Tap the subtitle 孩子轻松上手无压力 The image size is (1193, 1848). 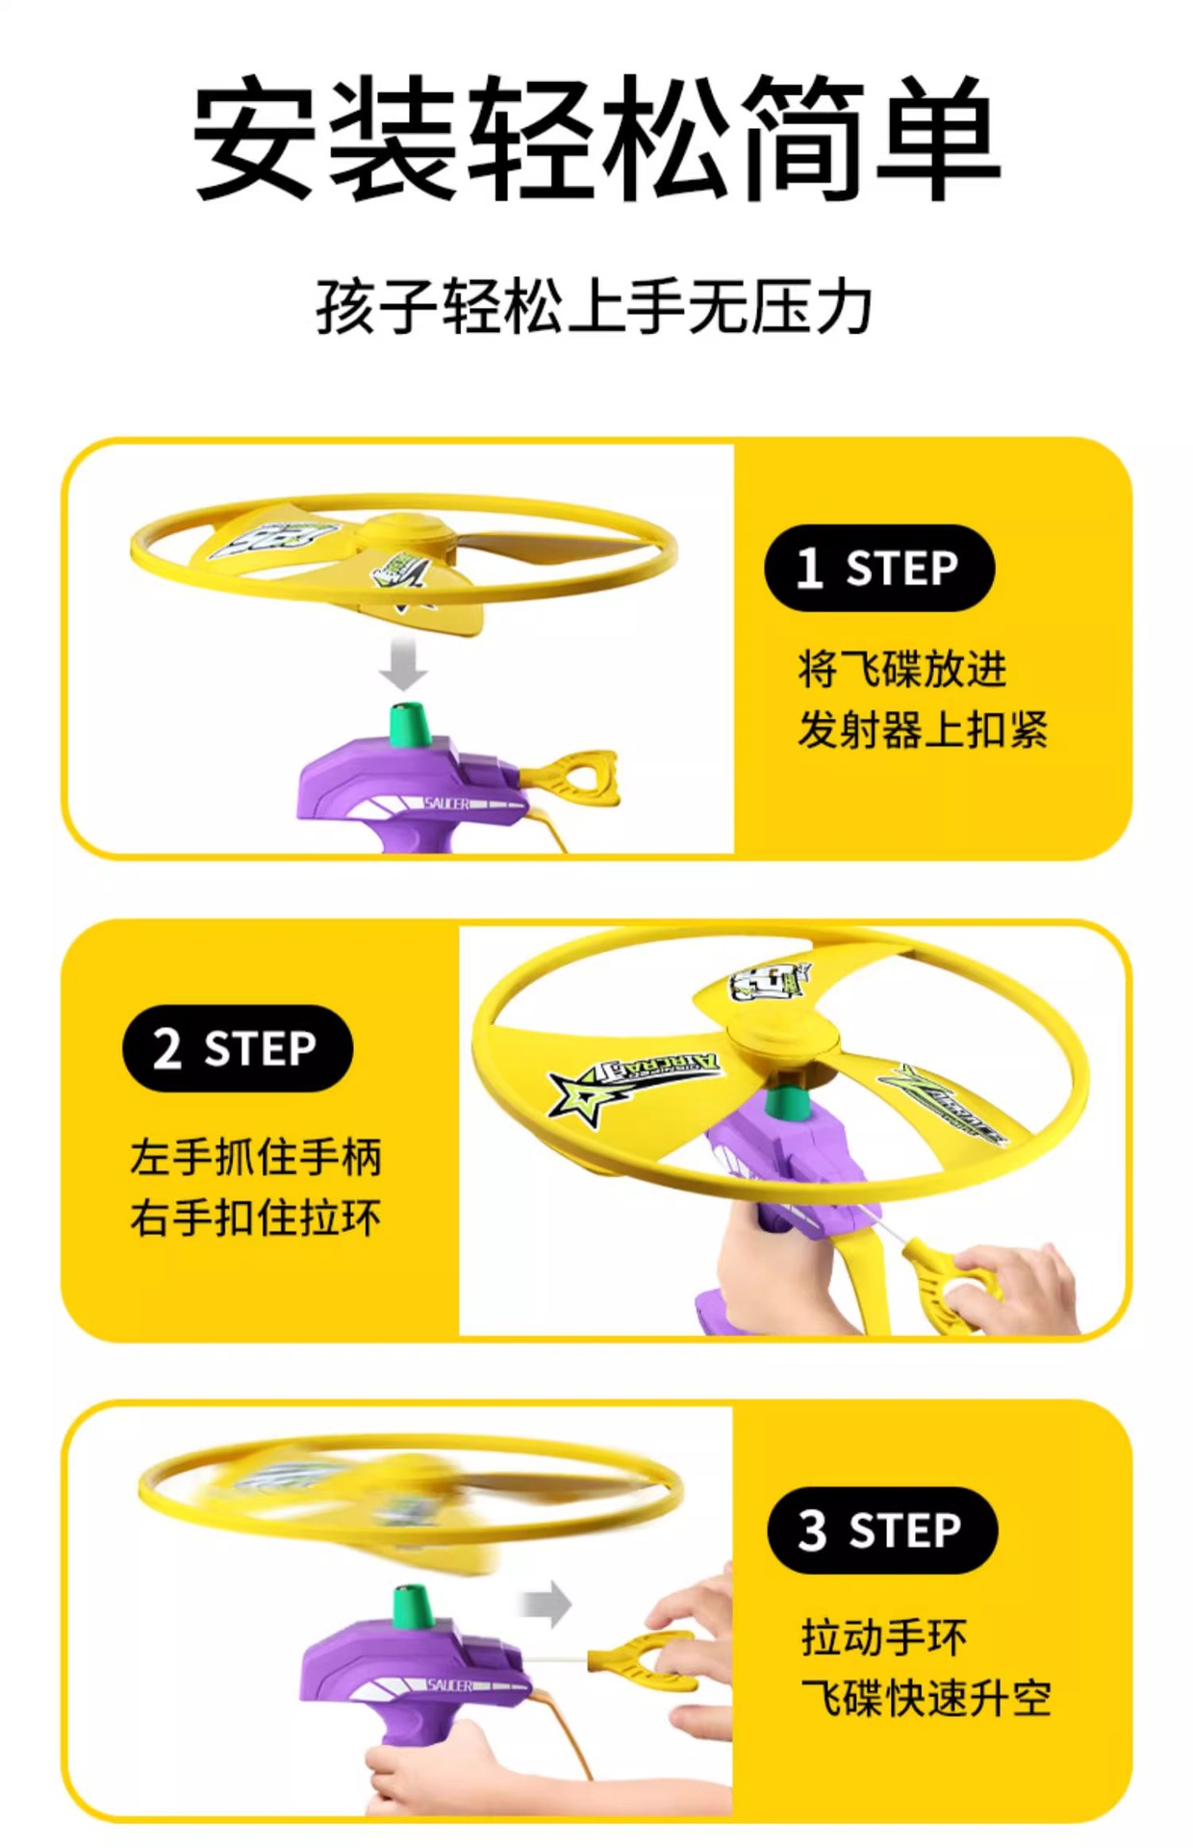594,308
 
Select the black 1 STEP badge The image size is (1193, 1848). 878,568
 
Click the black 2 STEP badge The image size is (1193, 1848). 237,1048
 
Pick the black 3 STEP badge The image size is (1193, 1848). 881,1530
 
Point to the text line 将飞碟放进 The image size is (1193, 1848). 901,669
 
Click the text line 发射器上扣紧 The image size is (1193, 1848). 922,730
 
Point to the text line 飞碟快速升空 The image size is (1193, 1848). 926,1698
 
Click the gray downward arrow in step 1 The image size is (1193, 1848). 403,664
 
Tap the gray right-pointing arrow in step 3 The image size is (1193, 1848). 546,1604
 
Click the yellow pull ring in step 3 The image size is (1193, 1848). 640,1657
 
